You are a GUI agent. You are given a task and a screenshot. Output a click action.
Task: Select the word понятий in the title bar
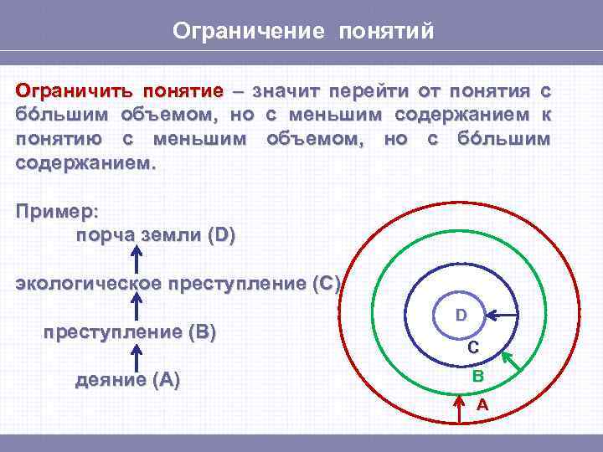point(386,31)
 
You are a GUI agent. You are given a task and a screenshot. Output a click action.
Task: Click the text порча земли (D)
point(156,235)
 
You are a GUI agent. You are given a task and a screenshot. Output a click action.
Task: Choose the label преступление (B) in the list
point(129,332)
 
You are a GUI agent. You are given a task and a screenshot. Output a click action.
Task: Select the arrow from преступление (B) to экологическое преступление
point(133,307)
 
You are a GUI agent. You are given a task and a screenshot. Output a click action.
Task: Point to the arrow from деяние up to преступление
point(133,357)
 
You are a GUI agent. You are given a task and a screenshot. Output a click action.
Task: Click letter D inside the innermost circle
point(461,316)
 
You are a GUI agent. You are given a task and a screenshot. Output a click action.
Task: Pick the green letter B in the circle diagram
point(477,377)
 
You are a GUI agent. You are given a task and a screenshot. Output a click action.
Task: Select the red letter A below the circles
point(482,404)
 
